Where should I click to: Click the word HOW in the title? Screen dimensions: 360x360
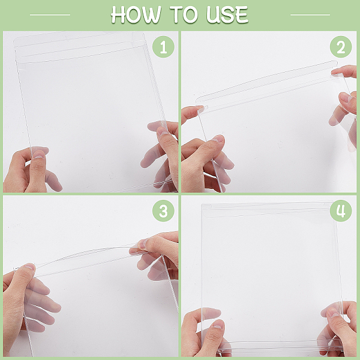click(136, 14)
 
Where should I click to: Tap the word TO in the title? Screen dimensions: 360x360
click(184, 14)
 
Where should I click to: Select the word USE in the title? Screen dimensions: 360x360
click(227, 14)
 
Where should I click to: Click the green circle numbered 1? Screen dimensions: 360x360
click(163, 47)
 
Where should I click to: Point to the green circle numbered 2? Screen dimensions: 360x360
click(341, 47)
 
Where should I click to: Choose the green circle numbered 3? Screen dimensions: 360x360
click(163, 211)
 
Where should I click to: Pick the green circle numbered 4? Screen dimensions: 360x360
click(341, 211)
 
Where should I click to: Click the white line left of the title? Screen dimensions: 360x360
click(50, 14)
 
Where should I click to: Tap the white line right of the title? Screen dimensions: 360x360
click(310, 14)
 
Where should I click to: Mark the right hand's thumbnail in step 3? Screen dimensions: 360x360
click(143, 244)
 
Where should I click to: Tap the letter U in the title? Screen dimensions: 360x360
click(212, 14)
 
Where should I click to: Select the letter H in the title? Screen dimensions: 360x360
click(118, 14)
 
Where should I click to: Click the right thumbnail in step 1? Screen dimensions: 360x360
click(163, 131)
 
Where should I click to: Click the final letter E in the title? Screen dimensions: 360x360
click(242, 14)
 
